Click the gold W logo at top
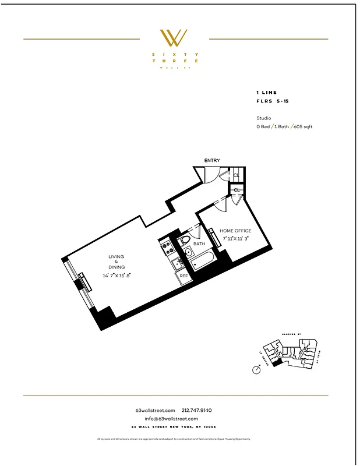(x=174, y=38)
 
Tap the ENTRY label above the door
(x=211, y=160)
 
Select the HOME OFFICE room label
(x=236, y=231)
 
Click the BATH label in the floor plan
(x=199, y=243)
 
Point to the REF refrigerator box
(x=183, y=276)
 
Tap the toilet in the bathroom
(x=185, y=241)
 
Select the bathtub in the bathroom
(x=198, y=263)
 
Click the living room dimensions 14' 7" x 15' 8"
(x=117, y=276)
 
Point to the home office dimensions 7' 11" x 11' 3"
(x=236, y=238)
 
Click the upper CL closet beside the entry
(x=237, y=175)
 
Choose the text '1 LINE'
(x=266, y=93)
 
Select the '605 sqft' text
(x=303, y=126)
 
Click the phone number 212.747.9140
(x=201, y=410)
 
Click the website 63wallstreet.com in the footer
(x=155, y=410)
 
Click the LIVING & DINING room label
(x=116, y=262)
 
